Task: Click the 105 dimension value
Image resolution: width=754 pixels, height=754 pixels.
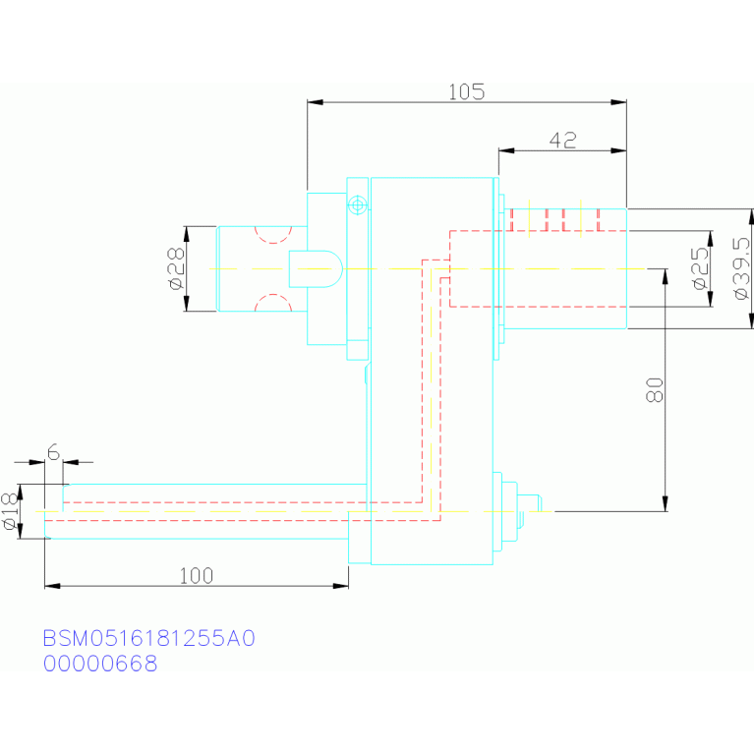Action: pyautogui.click(x=466, y=91)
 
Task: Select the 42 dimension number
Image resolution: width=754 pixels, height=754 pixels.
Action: pyautogui.click(x=562, y=140)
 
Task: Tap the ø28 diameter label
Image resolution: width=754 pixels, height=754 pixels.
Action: pyautogui.click(x=177, y=268)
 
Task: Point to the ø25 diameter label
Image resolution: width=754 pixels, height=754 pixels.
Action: pyautogui.click(x=701, y=268)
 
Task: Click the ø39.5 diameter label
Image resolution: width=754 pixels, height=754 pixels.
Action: pyautogui.click(x=742, y=268)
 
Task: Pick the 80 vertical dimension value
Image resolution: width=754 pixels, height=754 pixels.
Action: pyautogui.click(x=655, y=390)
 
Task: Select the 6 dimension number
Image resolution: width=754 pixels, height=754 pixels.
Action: pyautogui.click(x=53, y=452)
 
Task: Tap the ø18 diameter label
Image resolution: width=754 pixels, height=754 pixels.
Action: pyautogui.click(x=11, y=511)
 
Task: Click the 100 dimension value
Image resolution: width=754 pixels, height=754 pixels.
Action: pyautogui.click(x=197, y=576)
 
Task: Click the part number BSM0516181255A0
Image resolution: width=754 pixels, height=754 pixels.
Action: pyautogui.click(x=149, y=638)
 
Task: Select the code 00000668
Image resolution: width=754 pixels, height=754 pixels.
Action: pyautogui.click(x=100, y=664)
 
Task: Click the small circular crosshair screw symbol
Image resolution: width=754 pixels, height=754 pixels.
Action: pyautogui.click(x=357, y=205)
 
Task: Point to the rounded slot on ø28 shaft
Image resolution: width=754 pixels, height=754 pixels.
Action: pyautogui.click(x=316, y=268)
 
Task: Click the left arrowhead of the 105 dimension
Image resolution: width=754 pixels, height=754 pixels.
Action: pyautogui.click(x=315, y=102)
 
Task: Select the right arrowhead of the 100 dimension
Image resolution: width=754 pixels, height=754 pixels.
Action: pyautogui.click(x=341, y=586)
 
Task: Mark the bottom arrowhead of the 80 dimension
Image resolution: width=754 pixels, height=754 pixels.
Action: pyautogui.click(x=666, y=504)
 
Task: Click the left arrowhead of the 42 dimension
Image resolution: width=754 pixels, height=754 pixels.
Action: pyautogui.click(x=506, y=150)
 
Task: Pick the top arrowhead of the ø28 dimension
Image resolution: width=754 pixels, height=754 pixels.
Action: pyautogui.click(x=187, y=234)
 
